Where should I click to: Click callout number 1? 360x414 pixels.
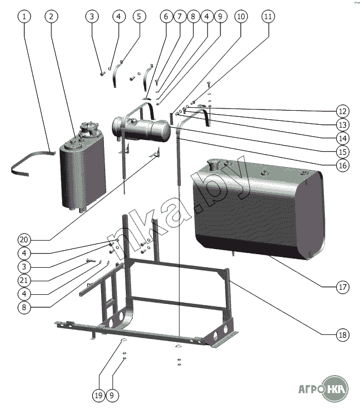(24, 16)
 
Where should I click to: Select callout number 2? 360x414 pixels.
(51, 16)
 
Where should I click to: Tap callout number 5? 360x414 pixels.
(139, 16)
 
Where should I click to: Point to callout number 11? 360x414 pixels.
(268, 16)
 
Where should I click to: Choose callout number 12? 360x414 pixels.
(342, 111)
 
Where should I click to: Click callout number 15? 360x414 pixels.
(342, 152)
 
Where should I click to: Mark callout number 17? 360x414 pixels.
(342, 287)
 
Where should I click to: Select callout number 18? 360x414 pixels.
(342, 335)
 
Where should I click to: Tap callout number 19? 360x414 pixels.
(98, 395)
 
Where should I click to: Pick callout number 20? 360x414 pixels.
(24, 239)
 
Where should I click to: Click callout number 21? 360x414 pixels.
(24, 280)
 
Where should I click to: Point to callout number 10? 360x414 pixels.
(241, 16)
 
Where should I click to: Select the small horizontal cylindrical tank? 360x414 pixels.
(141, 130)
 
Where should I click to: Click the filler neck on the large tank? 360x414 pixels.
(213, 165)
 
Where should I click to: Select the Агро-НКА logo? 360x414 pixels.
(323, 389)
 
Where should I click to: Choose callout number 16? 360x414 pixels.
(342, 165)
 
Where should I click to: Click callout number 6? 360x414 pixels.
(166, 16)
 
